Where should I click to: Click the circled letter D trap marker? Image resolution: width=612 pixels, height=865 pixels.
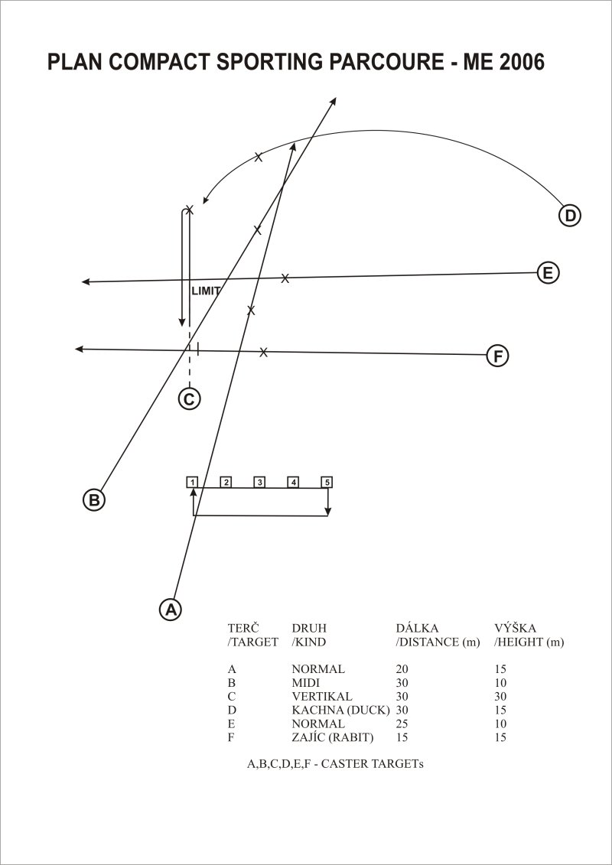(x=569, y=215)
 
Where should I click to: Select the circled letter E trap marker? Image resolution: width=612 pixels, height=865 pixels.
(x=548, y=273)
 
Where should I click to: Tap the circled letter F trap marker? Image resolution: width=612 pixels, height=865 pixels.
(x=497, y=356)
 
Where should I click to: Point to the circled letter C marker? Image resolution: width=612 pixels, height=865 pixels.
(x=189, y=398)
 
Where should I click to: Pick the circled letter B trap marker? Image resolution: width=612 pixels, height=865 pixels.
(x=94, y=499)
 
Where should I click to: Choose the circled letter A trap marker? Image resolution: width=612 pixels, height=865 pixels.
(x=171, y=609)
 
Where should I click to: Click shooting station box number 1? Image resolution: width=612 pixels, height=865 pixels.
(x=192, y=482)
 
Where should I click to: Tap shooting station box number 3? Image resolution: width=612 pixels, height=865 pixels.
(x=259, y=482)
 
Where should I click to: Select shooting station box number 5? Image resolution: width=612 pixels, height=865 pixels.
(x=327, y=482)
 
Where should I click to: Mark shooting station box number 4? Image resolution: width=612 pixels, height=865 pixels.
(x=293, y=482)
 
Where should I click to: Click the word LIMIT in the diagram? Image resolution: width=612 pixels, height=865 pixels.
(x=206, y=291)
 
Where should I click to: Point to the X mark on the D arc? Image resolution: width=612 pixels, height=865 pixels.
(x=259, y=158)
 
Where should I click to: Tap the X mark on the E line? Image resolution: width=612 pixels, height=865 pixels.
(x=285, y=278)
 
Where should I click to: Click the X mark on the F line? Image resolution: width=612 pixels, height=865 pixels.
(x=263, y=352)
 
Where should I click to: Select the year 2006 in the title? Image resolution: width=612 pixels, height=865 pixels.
(x=522, y=63)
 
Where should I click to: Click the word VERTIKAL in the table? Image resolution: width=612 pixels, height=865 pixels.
(x=322, y=696)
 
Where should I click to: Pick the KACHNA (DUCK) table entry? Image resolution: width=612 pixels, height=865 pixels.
(x=341, y=710)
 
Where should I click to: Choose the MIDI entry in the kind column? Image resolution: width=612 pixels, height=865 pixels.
(x=306, y=683)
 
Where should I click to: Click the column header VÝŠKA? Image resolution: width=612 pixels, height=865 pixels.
(x=516, y=628)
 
